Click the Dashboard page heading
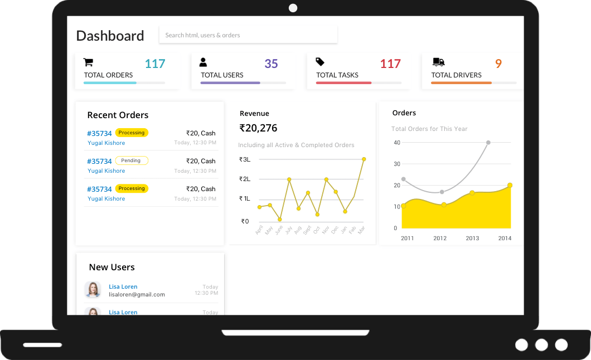point(110,36)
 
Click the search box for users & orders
point(248,35)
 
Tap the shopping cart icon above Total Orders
point(88,62)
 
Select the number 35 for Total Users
point(271,64)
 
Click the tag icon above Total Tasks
point(320,62)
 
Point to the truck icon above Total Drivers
point(438,62)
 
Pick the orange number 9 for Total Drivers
point(498,64)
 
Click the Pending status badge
point(132,160)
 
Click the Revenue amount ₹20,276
point(258,128)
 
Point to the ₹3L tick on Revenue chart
point(245,159)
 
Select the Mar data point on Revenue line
point(364,159)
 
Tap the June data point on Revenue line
point(280,219)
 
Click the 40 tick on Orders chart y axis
point(397,143)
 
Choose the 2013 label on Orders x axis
point(472,238)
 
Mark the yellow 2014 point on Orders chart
point(510,185)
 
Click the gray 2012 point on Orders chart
point(442,192)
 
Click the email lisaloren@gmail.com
point(137,294)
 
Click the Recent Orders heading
point(118,115)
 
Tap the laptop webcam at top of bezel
point(293,8)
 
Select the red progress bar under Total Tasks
point(343,83)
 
